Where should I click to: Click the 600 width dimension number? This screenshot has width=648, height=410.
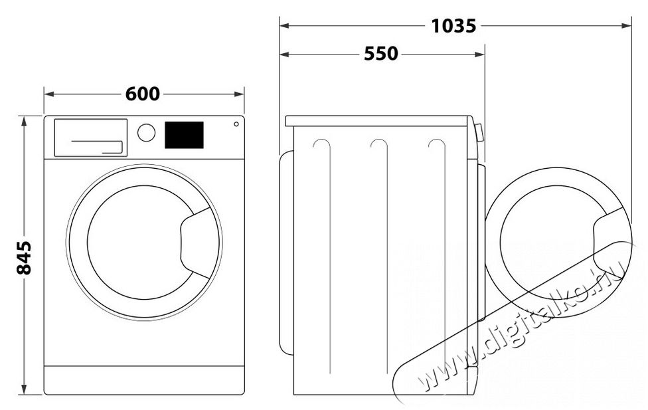143,94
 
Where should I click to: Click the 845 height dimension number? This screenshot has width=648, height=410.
24,257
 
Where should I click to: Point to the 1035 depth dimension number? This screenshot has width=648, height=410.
453,26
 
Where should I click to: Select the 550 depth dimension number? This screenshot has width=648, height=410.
380,54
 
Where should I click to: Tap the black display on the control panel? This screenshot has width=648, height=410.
183,134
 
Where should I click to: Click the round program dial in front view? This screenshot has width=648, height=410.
146,132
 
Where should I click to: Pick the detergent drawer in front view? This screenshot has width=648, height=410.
90,138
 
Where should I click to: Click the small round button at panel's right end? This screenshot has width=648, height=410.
236,124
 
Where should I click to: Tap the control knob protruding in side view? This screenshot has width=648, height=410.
479,132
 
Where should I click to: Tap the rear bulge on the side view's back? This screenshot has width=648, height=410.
286,253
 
